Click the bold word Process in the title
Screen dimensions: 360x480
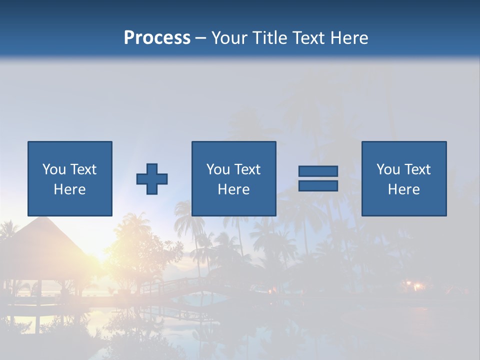[157, 38]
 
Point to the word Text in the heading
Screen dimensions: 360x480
[310, 38]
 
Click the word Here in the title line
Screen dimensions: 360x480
[350, 38]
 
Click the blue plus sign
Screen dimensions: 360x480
[152, 179]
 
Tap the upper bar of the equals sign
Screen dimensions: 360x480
[318, 171]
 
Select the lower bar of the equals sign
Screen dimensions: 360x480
[318, 186]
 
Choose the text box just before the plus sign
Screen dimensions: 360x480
[70, 178]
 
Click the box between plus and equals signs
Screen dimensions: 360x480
[234, 178]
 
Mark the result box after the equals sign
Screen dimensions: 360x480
[404, 178]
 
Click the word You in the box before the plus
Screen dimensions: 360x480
[54, 169]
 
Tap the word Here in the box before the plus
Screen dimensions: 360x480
[70, 189]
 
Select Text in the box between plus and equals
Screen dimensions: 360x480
[247, 169]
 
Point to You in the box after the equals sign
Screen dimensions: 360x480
[388, 169]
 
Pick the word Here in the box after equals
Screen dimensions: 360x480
[404, 189]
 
